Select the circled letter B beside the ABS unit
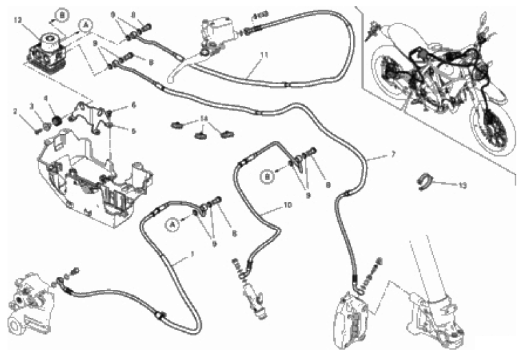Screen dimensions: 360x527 (62, 14)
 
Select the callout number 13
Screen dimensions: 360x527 (462, 185)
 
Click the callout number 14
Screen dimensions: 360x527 (203, 119)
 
